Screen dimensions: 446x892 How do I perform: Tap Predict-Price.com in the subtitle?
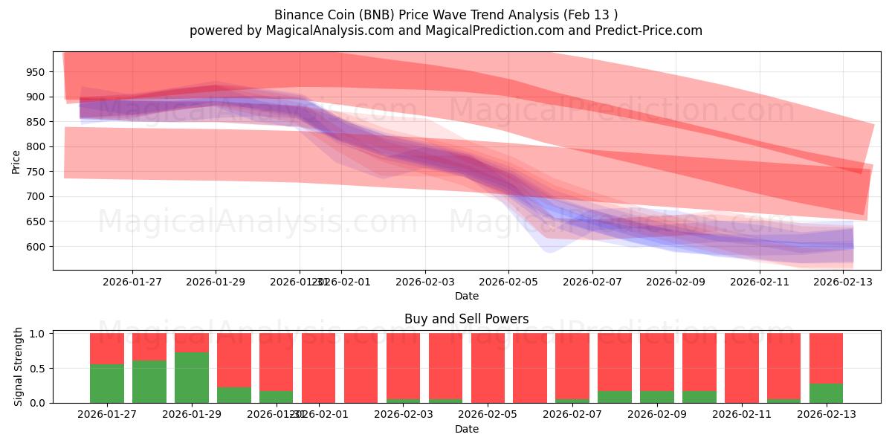[x=644, y=30]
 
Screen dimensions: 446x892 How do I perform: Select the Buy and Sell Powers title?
[x=466, y=319]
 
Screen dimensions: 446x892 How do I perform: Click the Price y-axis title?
[x=16, y=161]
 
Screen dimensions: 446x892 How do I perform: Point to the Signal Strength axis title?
[x=19, y=368]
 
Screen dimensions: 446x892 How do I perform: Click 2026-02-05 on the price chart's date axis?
[x=508, y=282]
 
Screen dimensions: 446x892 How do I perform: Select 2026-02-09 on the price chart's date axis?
[x=676, y=282]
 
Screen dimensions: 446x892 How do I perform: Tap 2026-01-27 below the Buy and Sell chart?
[x=106, y=414]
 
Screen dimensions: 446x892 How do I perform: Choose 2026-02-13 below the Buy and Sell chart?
[x=826, y=414]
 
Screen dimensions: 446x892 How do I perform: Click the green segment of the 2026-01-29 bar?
[x=191, y=378]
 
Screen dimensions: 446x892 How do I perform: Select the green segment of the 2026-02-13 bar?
[x=826, y=393]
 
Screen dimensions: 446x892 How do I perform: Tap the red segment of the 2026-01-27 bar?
[x=106, y=348]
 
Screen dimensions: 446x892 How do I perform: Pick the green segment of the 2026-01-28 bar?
[x=149, y=381]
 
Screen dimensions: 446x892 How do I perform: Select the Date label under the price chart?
[x=466, y=296]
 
